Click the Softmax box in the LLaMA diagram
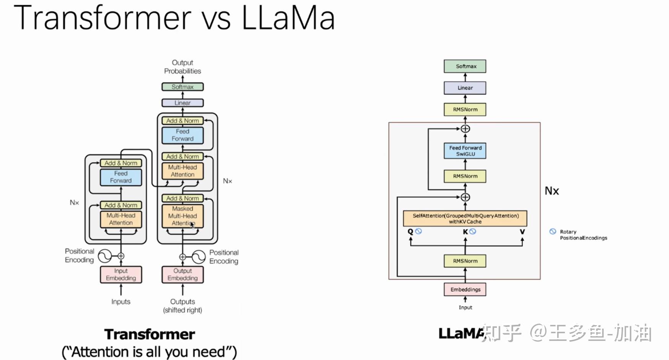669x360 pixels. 465,66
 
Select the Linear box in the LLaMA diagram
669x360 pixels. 465,88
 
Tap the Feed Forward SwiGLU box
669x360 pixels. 465,151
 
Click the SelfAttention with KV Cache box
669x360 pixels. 465,218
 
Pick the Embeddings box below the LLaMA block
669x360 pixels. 465,290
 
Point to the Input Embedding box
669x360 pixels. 121,275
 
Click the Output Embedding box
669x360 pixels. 182,275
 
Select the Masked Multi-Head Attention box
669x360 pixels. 182,216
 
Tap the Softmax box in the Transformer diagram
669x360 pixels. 182,87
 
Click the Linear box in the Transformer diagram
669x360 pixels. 182,103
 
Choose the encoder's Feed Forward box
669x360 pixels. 121,177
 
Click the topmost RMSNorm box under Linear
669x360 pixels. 465,109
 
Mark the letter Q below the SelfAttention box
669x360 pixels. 410,231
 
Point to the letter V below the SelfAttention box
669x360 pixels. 522,231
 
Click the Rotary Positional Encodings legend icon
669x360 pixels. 553,231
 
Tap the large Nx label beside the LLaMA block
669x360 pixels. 552,191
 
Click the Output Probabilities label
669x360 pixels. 182,67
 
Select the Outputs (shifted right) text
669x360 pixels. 182,306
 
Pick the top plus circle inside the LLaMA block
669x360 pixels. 465,129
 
